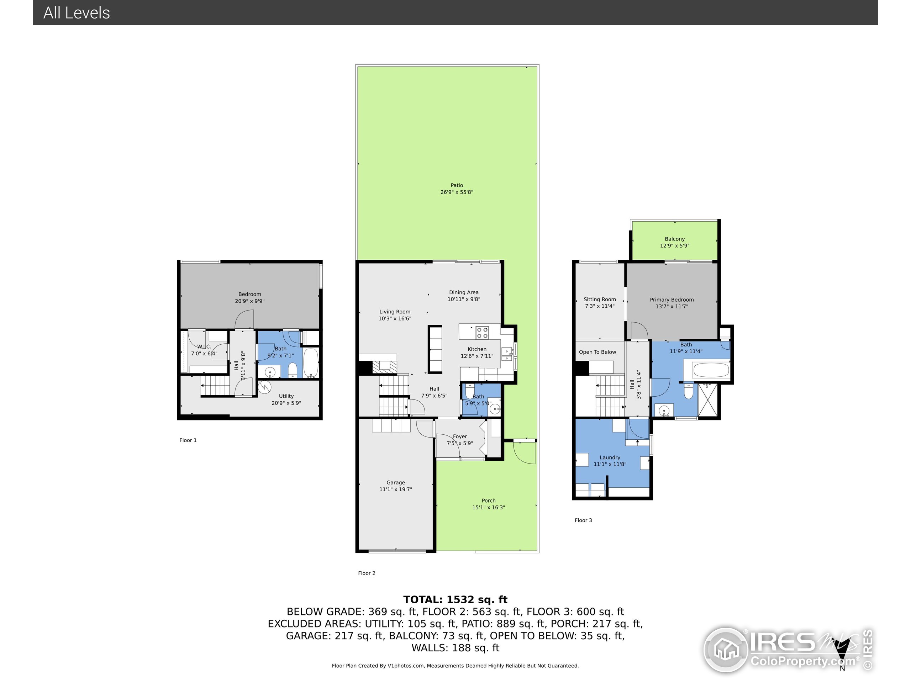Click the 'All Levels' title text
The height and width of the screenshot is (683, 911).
(77, 13)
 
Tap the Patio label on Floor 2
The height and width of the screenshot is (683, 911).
(456, 185)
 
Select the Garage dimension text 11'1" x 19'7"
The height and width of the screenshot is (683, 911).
(395, 489)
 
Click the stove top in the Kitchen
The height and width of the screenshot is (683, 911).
(482, 333)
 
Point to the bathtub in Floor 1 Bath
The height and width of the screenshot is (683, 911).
(311, 363)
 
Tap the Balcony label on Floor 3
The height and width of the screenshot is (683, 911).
(675, 239)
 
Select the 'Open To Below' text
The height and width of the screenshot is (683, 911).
(597, 352)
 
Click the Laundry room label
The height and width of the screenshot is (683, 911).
(610, 457)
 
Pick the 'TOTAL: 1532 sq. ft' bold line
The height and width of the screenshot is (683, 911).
(455, 599)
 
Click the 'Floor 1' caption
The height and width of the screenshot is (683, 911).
(188, 440)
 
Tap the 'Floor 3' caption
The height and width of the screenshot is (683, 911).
(583, 520)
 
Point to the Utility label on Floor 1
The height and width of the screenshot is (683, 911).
(286, 396)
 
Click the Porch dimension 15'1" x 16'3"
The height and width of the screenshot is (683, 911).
(489, 507)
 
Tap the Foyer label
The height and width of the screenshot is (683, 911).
(460, 436)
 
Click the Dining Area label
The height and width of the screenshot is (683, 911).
(464, 292)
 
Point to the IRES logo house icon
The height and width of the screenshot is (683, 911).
(726, 650)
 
